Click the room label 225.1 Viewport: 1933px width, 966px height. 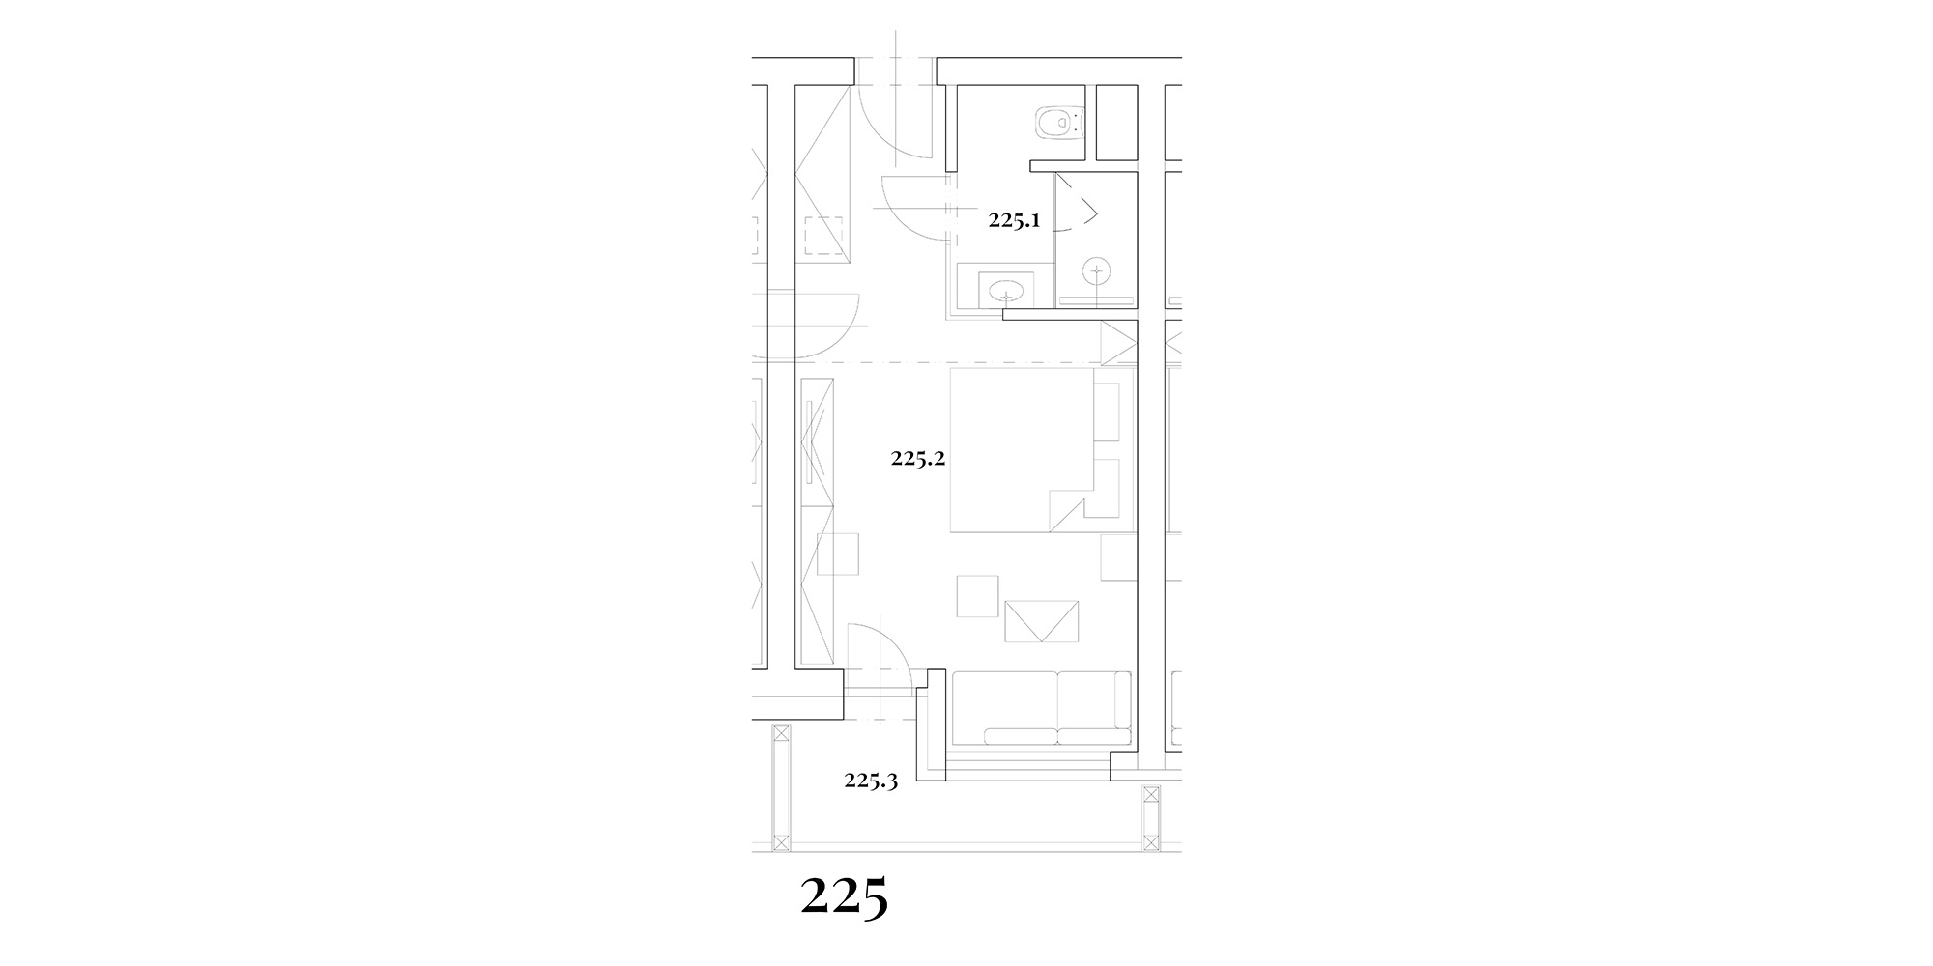[1014, 220]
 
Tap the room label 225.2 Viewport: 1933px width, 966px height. [917, 459]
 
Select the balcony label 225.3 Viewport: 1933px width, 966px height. [872, 781]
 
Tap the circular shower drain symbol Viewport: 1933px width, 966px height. [1097, 272]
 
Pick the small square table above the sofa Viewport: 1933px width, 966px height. [977, 596]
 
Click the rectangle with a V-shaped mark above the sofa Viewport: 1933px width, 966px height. [1042, 620]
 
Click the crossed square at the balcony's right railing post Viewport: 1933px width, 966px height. [1150, 797]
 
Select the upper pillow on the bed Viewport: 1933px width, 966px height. [1107, 412]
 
